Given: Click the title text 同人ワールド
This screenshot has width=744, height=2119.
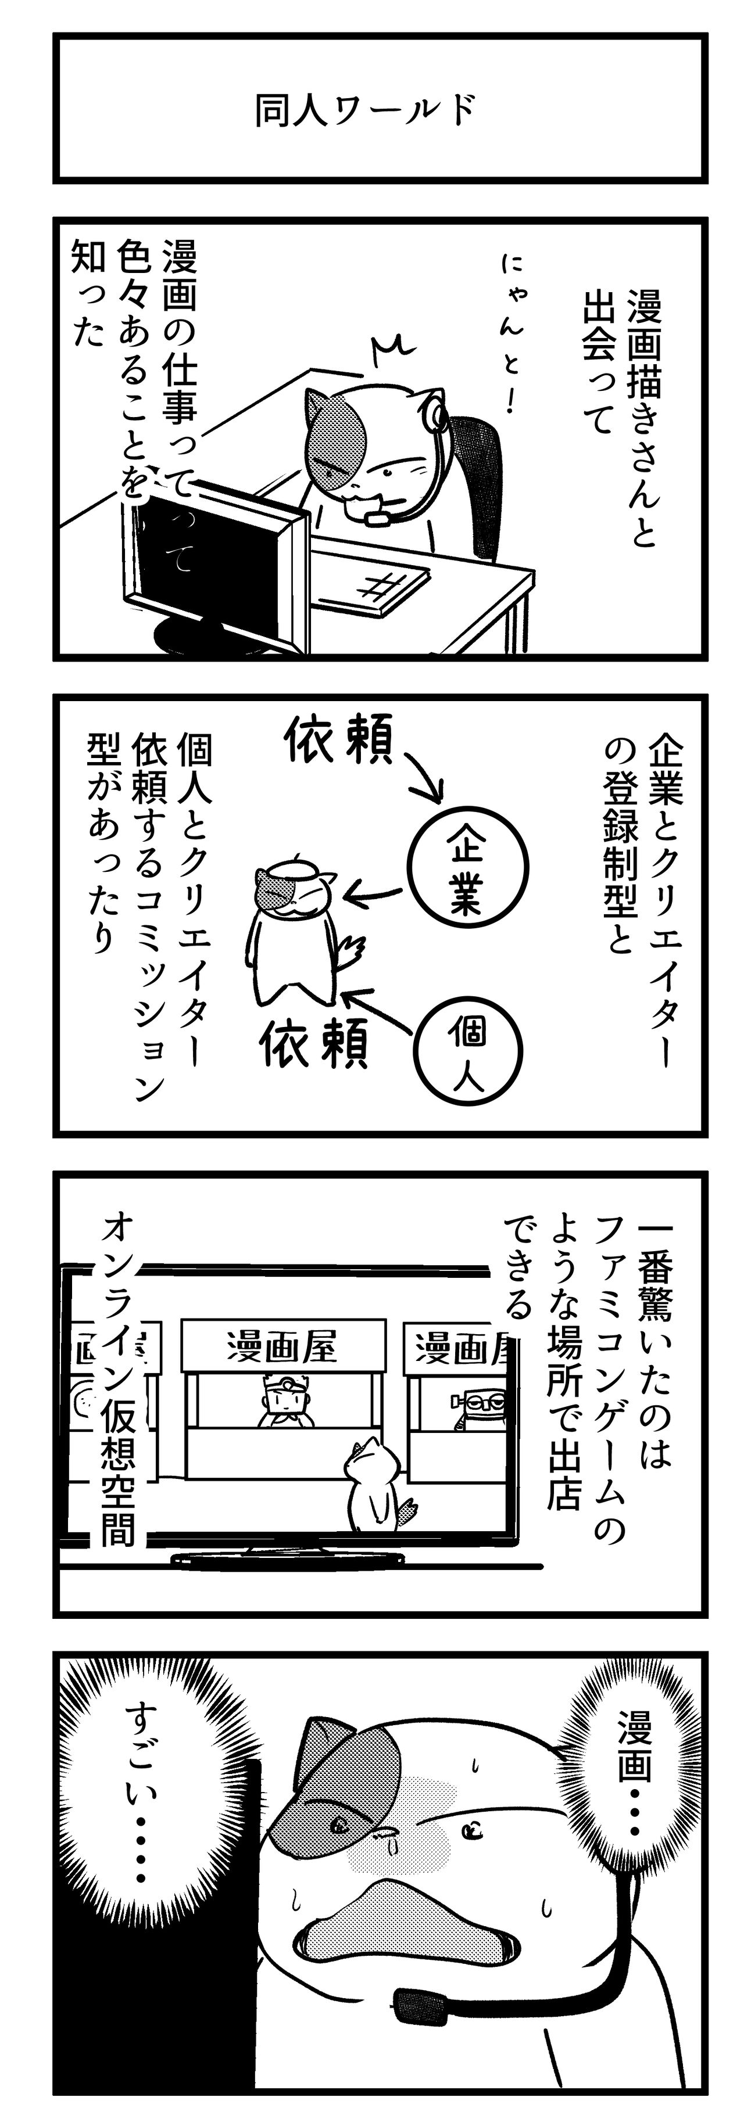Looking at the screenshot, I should point(364,111).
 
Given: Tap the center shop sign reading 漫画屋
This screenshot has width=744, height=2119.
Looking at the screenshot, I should point(282,1348).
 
